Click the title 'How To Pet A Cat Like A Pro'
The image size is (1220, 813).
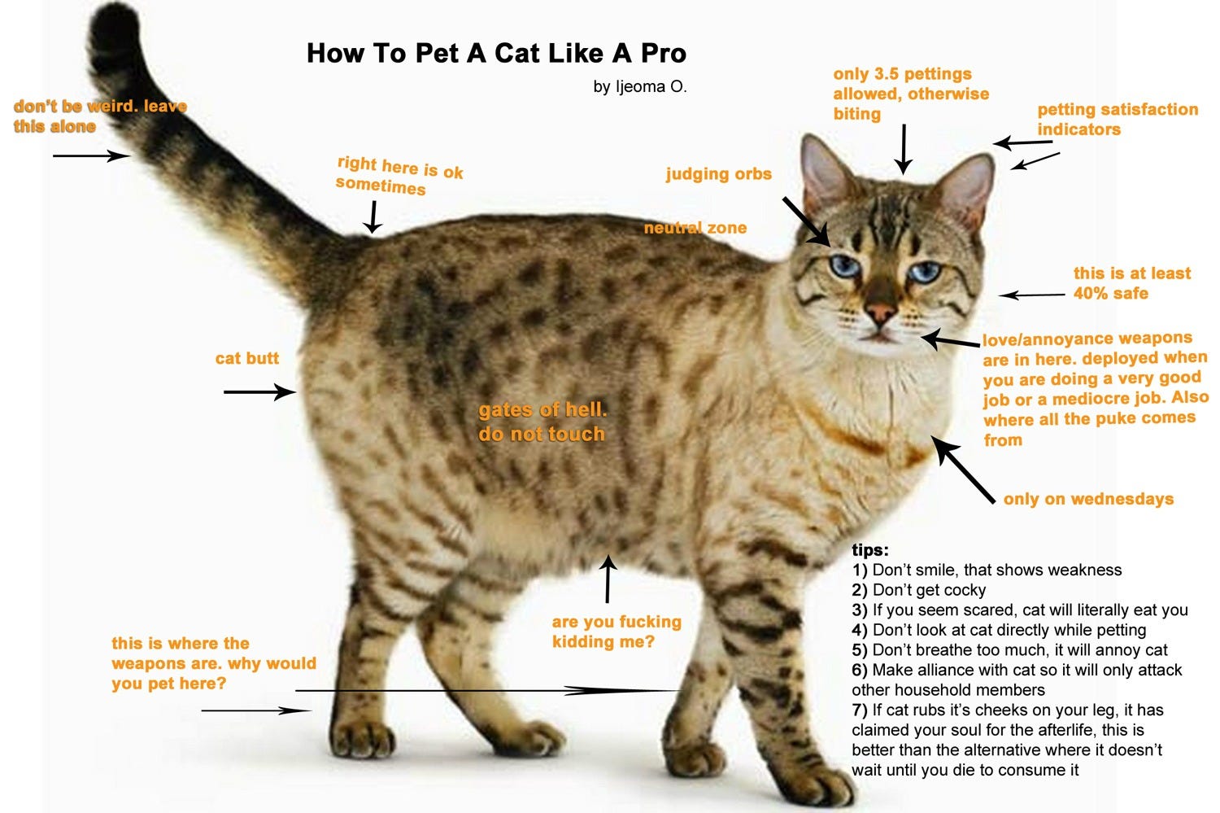496,54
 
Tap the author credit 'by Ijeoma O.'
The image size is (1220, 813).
640,86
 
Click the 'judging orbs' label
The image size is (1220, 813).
718,174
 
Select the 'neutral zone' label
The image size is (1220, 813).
695,228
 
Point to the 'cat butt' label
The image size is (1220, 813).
246,358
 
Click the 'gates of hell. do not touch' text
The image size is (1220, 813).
542,422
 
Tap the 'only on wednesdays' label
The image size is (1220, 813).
1088,499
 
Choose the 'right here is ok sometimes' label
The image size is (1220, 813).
399,176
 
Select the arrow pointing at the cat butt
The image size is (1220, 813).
259,391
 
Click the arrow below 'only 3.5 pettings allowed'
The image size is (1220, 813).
904,149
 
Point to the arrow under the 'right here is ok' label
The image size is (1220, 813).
373,216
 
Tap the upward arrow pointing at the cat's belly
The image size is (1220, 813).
608,579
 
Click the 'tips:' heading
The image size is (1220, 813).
869,549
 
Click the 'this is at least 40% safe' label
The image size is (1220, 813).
1132,283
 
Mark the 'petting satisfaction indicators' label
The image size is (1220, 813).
1118,119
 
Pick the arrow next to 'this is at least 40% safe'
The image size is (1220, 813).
1032,295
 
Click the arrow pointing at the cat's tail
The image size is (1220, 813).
91,155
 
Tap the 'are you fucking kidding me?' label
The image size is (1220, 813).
617,632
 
